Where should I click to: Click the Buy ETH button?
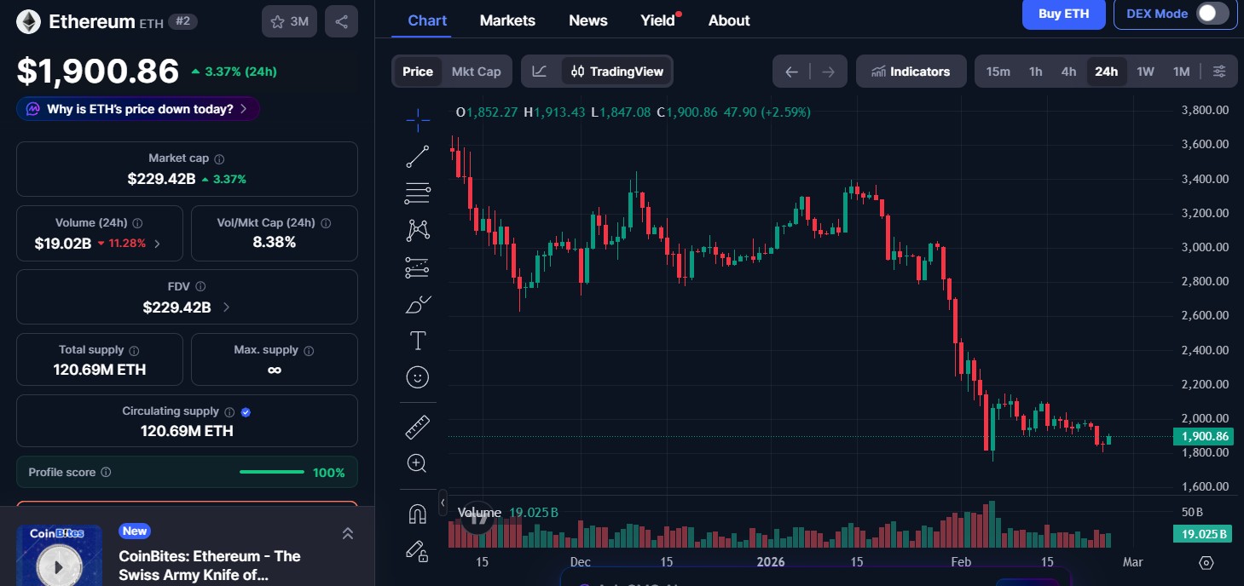pos(1063,14)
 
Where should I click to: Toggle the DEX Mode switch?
pos(1212,14)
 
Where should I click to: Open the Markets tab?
pos(507,20)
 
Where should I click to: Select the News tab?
pos(588,20)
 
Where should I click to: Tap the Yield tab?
pos(658,20)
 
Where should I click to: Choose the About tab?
pos(729,20)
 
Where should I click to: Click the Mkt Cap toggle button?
pos(476,72)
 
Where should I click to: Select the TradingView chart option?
pos(617,72)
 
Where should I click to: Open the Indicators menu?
pos(911,72)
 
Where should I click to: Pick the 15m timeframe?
pos(998,72)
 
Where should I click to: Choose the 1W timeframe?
pos(1145,72)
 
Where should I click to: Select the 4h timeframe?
pos(1068,72)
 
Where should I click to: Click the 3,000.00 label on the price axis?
pos(1204,247)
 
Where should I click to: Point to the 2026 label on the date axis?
pos(770,562)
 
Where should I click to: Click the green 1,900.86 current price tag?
pos(1204,437)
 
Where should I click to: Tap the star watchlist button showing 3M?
pos(289,22)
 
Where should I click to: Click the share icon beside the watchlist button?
pos(341,22)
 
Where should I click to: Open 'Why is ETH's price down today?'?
pos(138,109)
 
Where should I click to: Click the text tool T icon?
pos(418,342)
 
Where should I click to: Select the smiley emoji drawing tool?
pos(418,376)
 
